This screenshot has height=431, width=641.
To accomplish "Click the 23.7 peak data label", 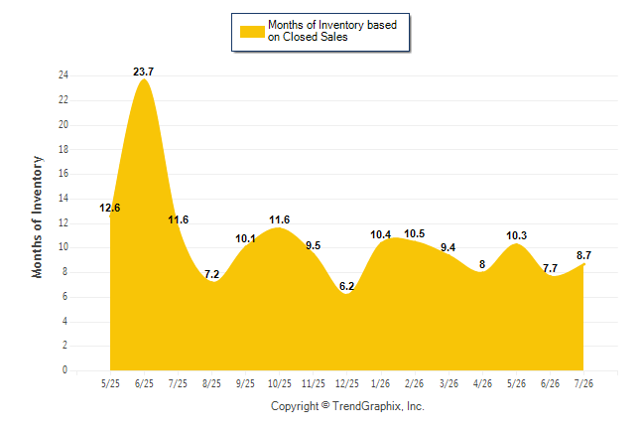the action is coord(144,72).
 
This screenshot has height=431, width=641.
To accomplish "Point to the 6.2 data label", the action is coord(346,286).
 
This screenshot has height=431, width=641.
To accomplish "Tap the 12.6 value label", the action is coord(109,208).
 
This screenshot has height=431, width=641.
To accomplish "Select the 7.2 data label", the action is coord(211,274).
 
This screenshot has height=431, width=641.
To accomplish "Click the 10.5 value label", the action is coord(415,233).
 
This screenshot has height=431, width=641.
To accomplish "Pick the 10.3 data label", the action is coord(516,235).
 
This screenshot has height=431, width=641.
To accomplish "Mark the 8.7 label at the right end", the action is coord(583,255).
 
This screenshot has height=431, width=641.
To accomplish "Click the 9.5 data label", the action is coord(314,245).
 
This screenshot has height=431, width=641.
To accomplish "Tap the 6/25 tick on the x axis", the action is coord(144,383).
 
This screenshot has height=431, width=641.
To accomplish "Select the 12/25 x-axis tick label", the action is coord(347,383).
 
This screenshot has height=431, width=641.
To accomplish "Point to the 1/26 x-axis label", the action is coord(381,383).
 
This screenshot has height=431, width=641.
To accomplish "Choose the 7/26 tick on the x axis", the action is coord(583,383).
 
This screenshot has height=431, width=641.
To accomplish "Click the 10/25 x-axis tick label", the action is coord(280,383).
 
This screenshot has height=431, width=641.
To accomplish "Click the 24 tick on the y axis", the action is coord(64,74).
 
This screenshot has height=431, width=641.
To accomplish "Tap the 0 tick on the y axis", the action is coord(64,370).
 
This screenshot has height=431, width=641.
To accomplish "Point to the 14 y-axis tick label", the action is coord(64,198).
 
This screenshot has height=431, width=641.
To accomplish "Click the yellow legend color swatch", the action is coord(252,32).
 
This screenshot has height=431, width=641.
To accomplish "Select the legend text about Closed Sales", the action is coord(332,31).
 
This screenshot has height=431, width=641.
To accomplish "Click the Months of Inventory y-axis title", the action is coord(37,216).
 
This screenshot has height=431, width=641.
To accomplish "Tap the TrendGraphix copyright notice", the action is coord(347,406).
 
